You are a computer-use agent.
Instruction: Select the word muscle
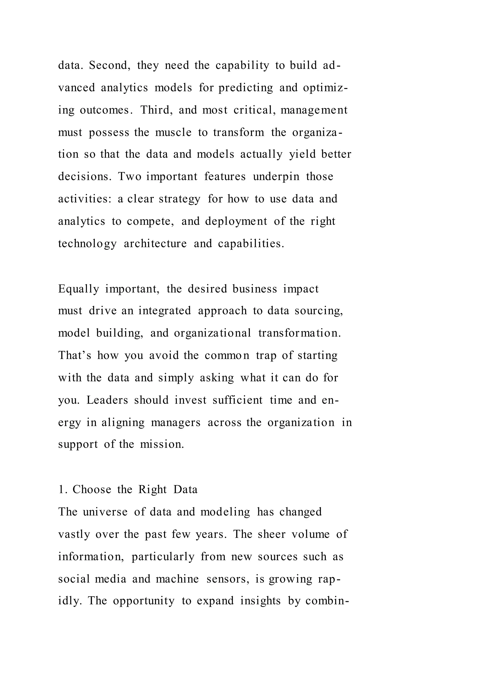tap(173, 132)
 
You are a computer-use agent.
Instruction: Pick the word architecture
tap(155, 244)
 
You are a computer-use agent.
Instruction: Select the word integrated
tap(165, 311)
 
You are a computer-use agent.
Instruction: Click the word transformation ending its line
tap(299, 333)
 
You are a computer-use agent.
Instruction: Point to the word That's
tap(75, 355)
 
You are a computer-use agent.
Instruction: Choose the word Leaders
tap(107, 400)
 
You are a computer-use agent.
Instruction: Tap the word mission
tap(162, 444)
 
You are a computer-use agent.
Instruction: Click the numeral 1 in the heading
tap(61, 489)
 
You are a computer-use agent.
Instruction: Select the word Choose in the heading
tap(92, 489)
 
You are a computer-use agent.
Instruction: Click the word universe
tap(105, 512)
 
